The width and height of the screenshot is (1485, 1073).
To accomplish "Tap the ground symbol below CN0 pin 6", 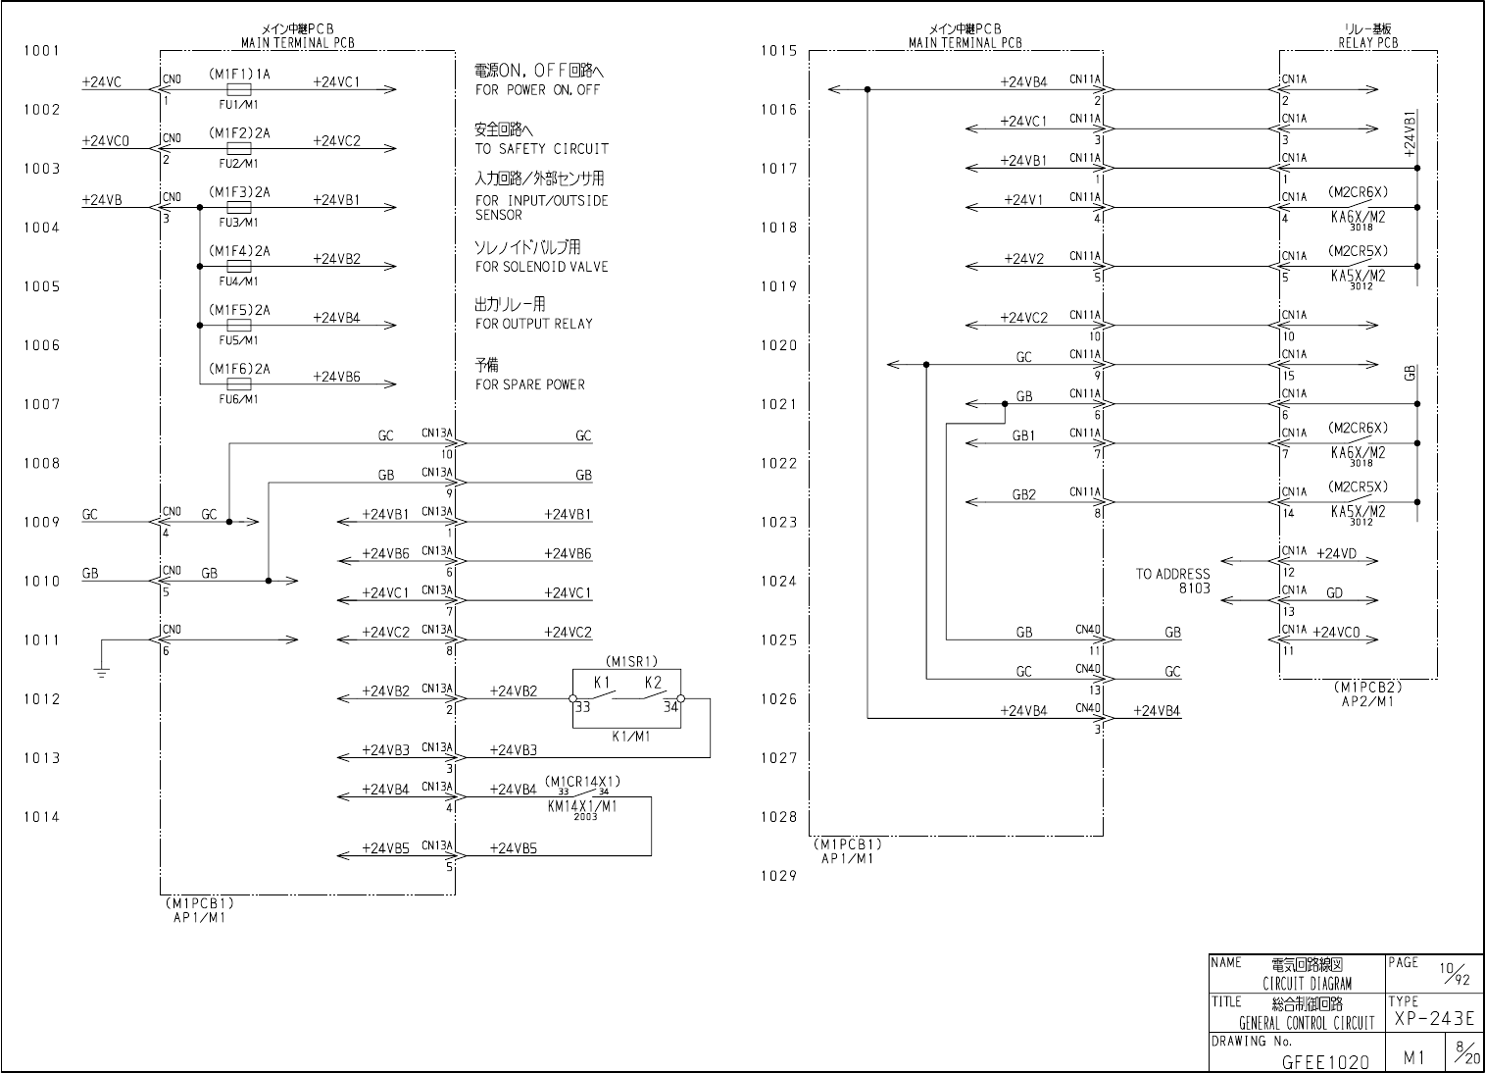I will [103, 672].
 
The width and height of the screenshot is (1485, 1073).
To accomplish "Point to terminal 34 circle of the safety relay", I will [680, 699].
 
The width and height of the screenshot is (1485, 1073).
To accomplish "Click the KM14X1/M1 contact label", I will [582, 806].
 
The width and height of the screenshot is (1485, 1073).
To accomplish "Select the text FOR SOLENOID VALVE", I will [541, 267].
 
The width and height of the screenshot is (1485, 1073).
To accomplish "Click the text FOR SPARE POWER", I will [529, 384].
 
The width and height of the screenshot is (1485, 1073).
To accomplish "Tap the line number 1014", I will [42, 817].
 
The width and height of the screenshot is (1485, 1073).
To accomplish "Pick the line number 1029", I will [778, 877].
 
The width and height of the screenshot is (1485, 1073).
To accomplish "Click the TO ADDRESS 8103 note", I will [1173, 582].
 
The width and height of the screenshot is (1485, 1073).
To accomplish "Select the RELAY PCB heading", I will [1367, 43].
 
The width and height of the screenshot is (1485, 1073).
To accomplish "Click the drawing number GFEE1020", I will [1325, 1061].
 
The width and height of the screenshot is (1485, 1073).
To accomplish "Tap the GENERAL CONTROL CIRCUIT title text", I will [1307, 1024].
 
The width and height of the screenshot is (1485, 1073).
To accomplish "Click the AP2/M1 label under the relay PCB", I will [1366, 700].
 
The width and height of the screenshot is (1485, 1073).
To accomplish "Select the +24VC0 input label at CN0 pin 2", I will [106, 141].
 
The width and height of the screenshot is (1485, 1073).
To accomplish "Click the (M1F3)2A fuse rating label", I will [238, 192].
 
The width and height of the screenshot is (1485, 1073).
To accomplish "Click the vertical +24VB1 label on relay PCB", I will [1410, 133].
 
